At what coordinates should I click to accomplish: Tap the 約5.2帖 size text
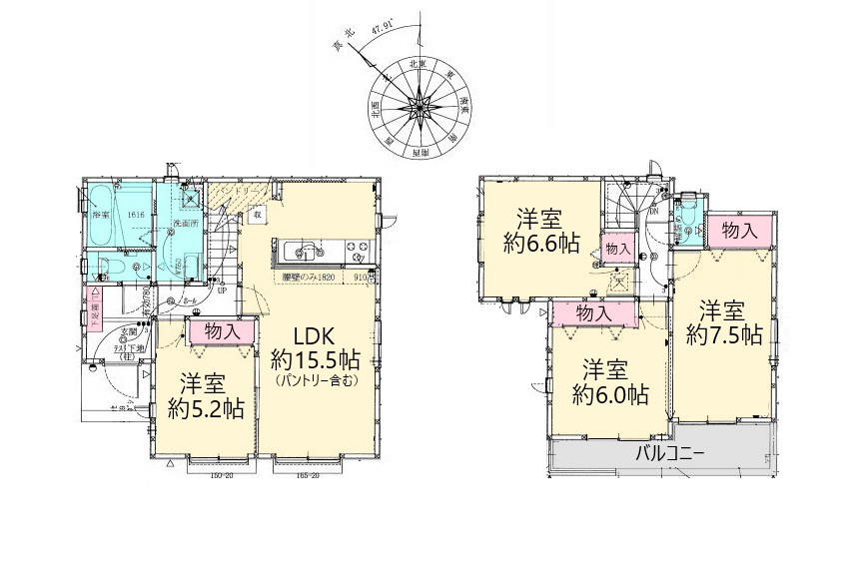pos(206,407)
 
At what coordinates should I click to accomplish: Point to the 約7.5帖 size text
pos(724,334)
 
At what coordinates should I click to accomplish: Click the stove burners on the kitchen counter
pos(356,248)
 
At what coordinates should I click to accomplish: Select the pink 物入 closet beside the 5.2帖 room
pos(220,331)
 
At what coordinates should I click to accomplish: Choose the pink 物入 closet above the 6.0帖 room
pos(595,313)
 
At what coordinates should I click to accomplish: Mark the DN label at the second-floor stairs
pos(652,212)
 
